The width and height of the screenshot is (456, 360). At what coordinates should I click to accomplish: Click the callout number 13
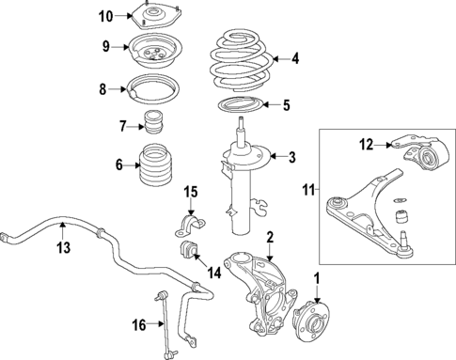click(x=61, y=248)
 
